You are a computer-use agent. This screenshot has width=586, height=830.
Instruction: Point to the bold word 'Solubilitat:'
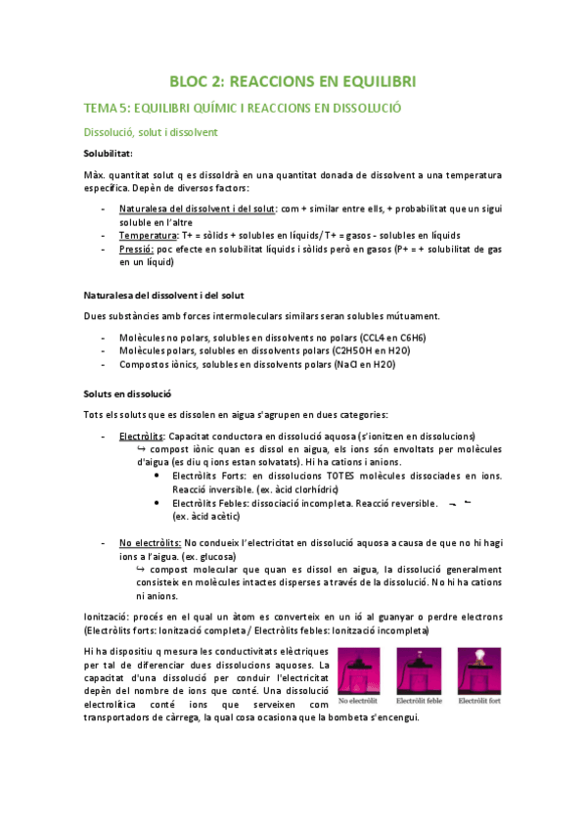coord(110,154)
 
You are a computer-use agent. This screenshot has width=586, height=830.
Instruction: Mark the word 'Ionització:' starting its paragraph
coord(109,617)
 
